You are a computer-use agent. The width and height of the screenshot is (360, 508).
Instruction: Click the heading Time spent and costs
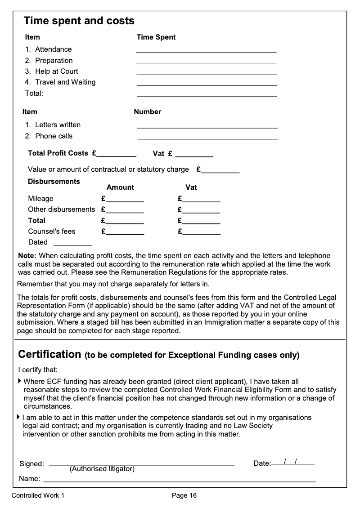79,21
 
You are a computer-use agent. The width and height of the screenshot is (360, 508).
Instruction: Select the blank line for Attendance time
206,49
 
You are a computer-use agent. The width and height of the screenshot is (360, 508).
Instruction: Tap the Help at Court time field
207,71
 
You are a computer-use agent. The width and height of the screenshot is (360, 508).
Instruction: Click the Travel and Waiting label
65,82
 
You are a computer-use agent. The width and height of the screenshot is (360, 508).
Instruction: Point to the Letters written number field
207,125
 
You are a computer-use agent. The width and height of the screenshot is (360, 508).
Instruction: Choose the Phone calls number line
207,136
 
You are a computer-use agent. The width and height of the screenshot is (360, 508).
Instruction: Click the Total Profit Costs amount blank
117,153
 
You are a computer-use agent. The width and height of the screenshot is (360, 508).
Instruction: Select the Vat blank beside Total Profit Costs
194,154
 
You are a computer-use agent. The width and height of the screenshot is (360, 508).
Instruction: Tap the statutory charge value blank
220,170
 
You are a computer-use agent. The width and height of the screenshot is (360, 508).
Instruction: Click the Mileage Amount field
125,199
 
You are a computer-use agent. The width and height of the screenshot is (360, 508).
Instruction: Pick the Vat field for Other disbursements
201,209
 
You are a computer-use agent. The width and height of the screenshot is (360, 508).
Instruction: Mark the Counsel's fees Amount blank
125,232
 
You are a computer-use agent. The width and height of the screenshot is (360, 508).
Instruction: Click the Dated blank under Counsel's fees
72,242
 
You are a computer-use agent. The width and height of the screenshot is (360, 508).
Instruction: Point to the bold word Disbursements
54,182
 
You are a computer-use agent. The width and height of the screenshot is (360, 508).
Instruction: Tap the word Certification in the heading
49,354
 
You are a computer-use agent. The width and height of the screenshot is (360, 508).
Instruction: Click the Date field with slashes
292,462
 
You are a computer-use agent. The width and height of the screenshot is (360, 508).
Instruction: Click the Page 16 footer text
184,496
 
